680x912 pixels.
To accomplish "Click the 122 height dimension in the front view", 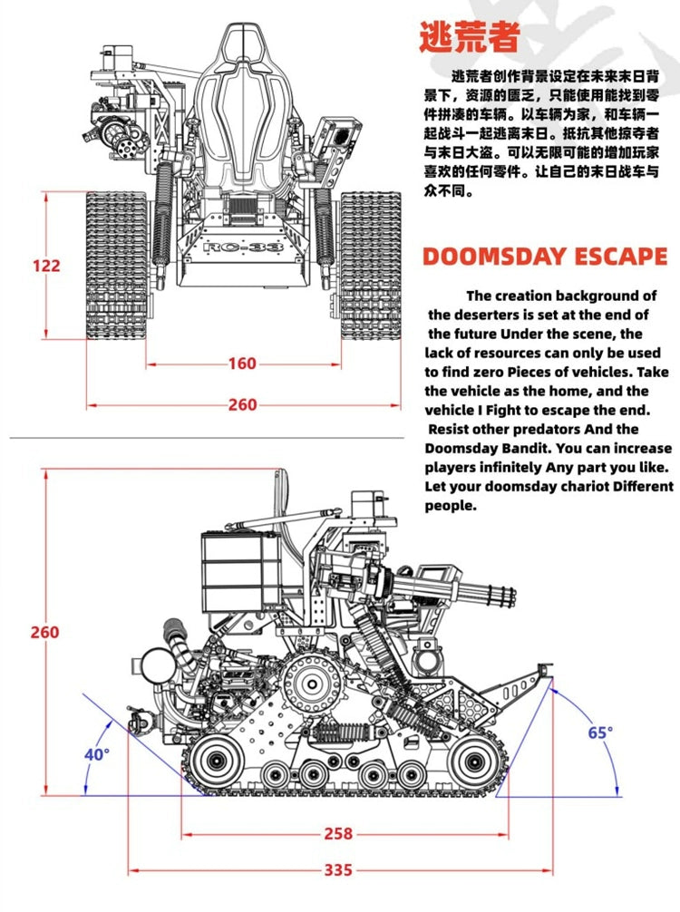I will (45, 266).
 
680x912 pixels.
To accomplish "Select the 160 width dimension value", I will (242, 364).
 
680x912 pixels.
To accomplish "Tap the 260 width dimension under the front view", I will (242, 404).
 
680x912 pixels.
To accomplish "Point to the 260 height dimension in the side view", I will (44, 632).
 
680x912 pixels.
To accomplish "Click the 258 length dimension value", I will (337, 833).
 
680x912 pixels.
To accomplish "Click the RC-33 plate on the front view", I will (243, 247).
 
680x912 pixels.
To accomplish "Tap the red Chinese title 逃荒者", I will (469, 37).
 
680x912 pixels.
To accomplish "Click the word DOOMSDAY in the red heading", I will (494, 257).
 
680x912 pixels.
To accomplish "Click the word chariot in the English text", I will (562, 487).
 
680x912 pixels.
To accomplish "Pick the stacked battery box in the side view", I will (231, 571).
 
